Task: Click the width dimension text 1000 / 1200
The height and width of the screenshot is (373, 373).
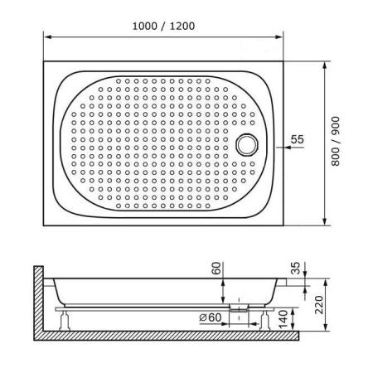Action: point(162,26)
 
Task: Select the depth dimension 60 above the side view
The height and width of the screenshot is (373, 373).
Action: point(216,269)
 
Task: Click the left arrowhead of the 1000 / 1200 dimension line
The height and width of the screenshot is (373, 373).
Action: point(47,37)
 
